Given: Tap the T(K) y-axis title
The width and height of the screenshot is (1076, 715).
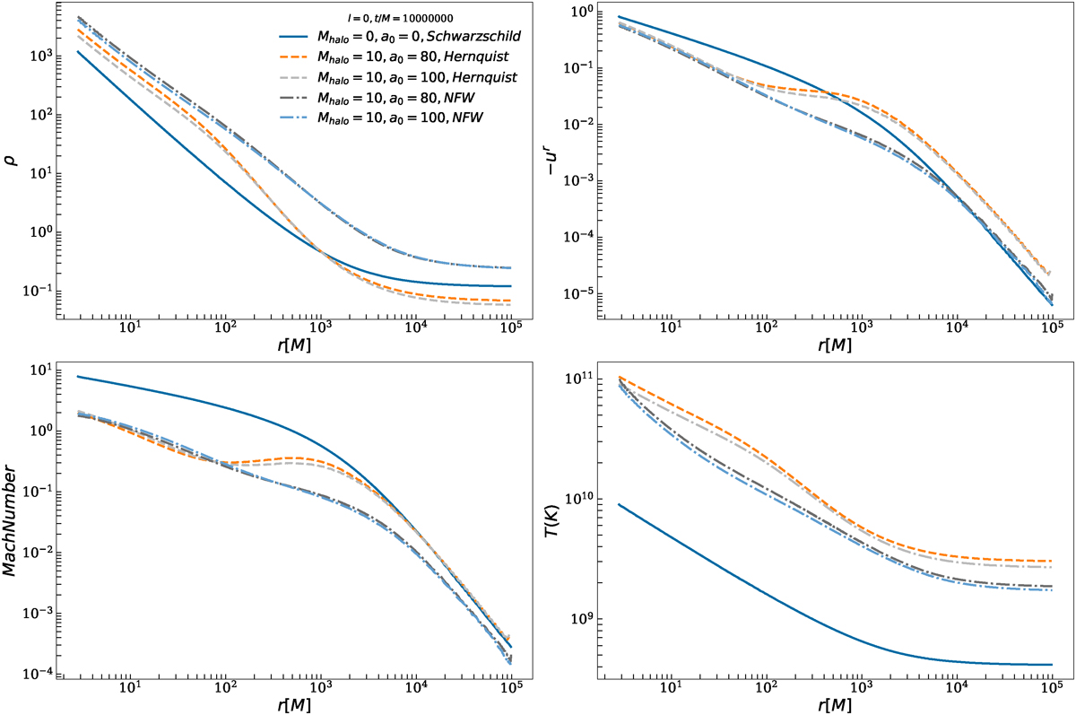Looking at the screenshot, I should tap(560, 523).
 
